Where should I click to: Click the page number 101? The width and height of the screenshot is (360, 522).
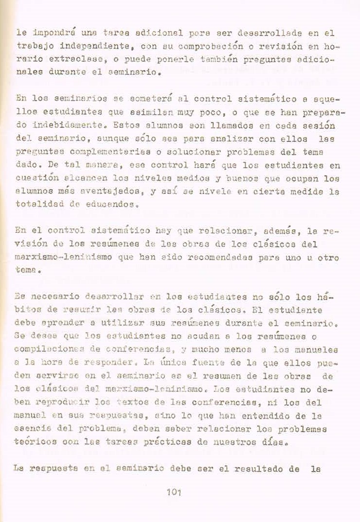(173, 493)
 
